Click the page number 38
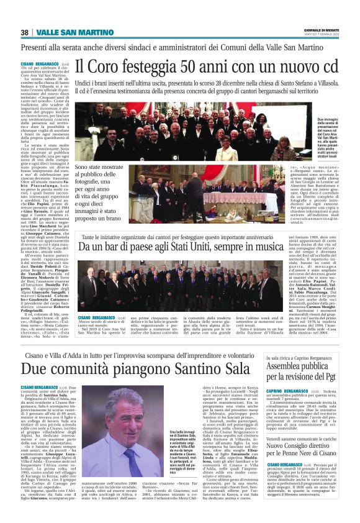point(24,32)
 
